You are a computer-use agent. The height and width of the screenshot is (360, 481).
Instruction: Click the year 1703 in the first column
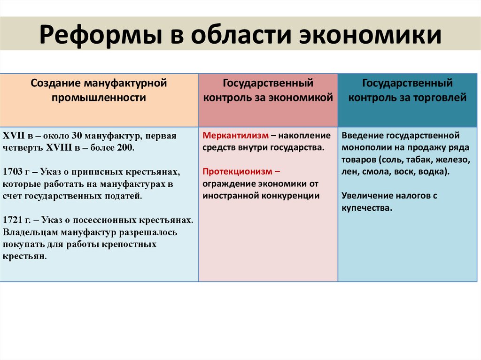(x=13, y=172)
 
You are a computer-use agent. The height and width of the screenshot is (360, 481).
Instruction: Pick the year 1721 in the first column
(x=13, y=220)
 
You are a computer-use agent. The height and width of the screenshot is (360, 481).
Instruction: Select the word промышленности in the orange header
(x=99, y=98)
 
